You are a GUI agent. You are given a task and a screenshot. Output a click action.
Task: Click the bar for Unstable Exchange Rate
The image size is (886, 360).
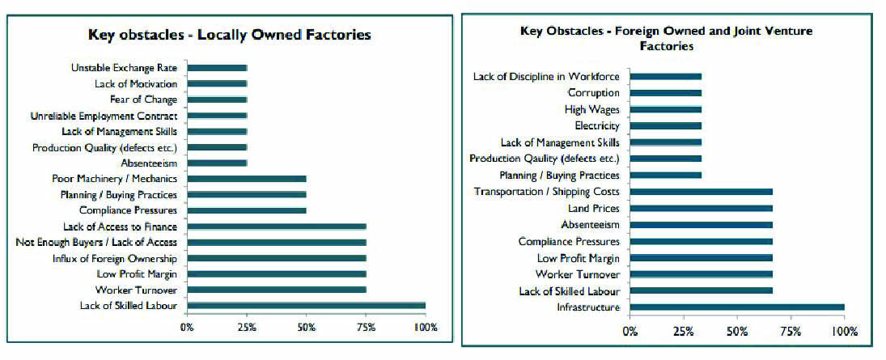pyautogui.click(x=217, y=68)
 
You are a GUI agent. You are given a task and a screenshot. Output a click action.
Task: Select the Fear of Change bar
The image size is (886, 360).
pyautogui.click(x=217, y=100)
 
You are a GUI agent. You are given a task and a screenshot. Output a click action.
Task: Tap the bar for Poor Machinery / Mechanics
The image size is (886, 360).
pyautogui.click(x=246, y=178)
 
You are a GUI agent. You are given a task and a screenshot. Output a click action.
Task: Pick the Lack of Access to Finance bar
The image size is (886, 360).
pyautogui.click(x=276, y=227)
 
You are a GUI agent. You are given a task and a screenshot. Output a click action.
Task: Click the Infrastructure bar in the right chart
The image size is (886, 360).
pyautogui.click(x=736, y=307)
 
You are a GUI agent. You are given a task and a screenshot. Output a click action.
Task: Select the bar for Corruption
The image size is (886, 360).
pyautogui.click(x=665, y=93)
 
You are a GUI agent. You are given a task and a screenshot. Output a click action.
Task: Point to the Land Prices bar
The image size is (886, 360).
pyautogui.click(x=701, y=208)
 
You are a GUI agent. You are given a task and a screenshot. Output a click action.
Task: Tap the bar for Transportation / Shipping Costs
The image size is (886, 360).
pyautogui.click(x=701, y=192)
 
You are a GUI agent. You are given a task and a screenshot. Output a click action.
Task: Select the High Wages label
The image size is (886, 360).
pyautogui.click(x=592, y=109)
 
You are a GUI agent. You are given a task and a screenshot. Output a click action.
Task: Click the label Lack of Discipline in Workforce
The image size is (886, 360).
pyautogui.click(x=546, y=77)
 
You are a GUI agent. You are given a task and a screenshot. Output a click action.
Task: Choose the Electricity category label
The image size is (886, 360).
pyautogui.click(x=597, y=125)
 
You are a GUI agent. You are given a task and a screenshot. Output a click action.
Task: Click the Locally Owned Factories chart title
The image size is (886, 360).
pyautogui.click(x=230, y=35)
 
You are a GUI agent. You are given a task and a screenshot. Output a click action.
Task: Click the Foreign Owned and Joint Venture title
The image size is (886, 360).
pyautogui.click(x=667, y=37)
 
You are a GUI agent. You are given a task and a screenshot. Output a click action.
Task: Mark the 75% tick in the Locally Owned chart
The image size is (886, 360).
pyautogui.click(x=366, y=328)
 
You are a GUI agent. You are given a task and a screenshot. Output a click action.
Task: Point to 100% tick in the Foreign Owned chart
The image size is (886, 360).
pyautogui.click(x=844, y=331)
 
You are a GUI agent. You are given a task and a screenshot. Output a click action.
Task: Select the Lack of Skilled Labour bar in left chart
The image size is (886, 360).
pyautogui.click(x=306, y=305)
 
